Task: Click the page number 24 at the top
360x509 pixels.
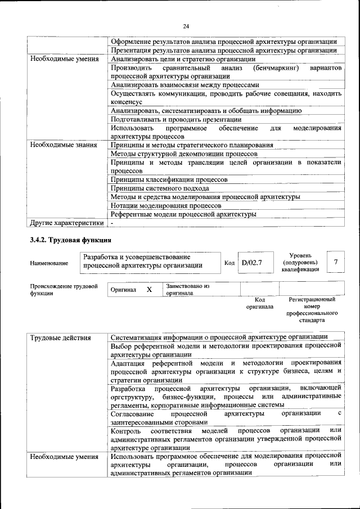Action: tap(186, 26)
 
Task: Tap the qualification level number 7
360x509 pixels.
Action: tap(335, 262)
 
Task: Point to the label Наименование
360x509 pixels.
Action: tap(49, 263)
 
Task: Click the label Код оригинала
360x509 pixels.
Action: tap(259, 303)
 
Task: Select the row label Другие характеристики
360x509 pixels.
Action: tap(67, 223)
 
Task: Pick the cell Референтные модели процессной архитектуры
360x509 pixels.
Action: tap(183, 214)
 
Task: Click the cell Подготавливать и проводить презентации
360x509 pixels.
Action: tap(176, 119)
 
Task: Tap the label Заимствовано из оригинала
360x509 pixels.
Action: tap(188, 290)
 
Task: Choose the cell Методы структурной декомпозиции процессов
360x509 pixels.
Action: tap(184, 154)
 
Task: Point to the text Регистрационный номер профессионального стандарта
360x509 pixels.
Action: tap(312, 310)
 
